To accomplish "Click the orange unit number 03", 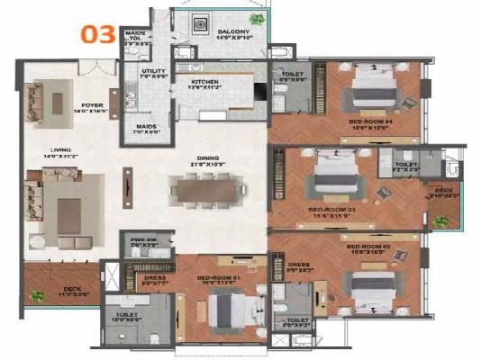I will (x=98, y=35).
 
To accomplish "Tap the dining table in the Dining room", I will (x=208, y=190).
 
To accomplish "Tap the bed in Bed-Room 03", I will (x=331, y=178).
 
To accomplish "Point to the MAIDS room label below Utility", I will (x=147, y=127).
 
